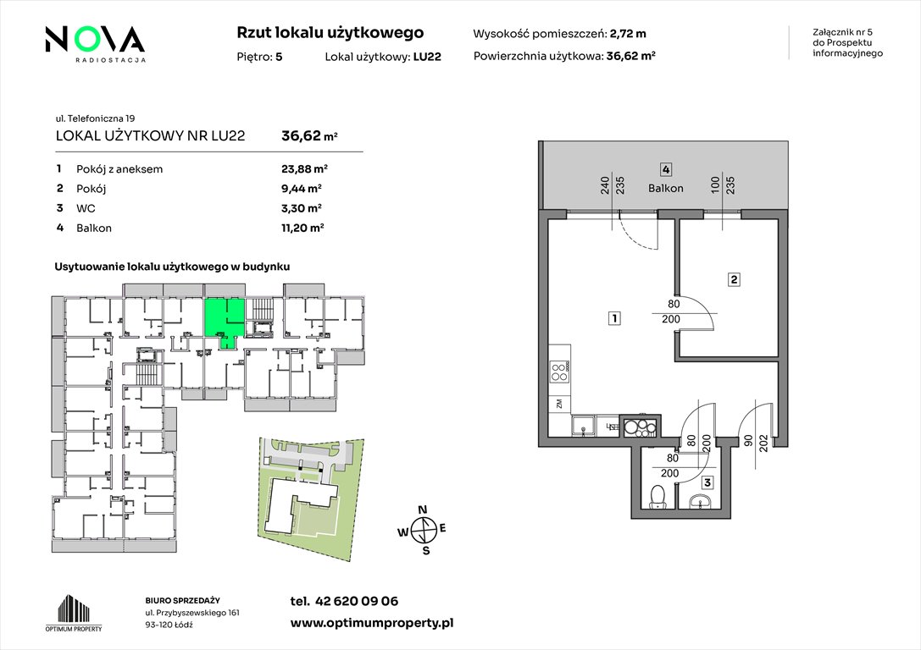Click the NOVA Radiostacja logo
tap(95, 43)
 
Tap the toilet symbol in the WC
tap(657, 496)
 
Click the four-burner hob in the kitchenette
tap(560, 372)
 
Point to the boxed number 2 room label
tap(734, 280)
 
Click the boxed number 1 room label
tap(613, 318)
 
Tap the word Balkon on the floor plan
tap(665, 188)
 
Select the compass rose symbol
tap(423, 531)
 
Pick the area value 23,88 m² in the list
tap(304, 169)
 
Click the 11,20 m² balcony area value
tap(302, 229)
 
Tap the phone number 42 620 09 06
tap(357, 601)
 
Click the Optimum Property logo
tap(74, 614)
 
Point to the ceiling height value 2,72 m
tap(628, 34)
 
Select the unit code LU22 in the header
tap(427, 57)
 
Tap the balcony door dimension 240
tap(604, 185)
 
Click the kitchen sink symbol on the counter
tap(583, 426)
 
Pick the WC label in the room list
tap(86, 208)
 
